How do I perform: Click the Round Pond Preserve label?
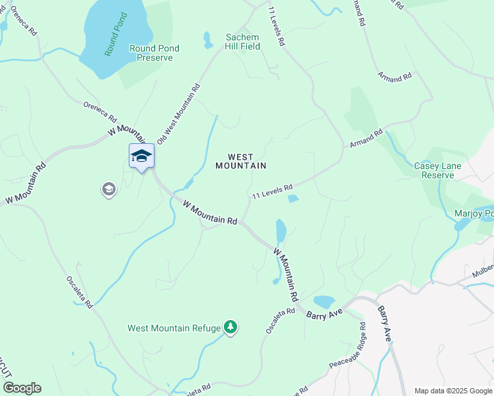coord(155,53)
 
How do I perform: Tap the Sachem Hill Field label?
coord(243,42)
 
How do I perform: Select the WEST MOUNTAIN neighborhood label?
coord(241,162)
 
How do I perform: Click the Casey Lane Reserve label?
coord(434,170)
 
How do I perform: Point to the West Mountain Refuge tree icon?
coord(230,327)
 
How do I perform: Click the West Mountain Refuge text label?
coord(174,328)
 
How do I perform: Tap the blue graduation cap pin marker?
coord(141,156)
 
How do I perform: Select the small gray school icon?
coord(108,190)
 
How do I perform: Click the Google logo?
coord(22,388)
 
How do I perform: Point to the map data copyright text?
coord(453,391)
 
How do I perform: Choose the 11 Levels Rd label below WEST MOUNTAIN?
coord(272,192)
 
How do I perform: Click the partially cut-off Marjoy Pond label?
coord(474,213)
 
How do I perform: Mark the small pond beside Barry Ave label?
coord(324,302)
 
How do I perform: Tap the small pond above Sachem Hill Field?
coord(208,40)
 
